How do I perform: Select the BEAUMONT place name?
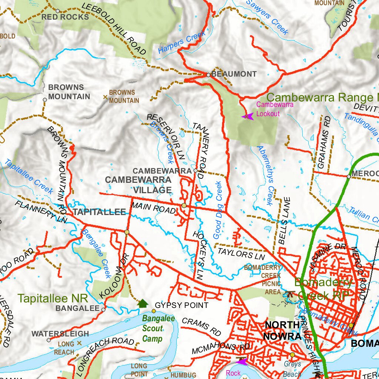[234, 74]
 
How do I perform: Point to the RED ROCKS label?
[65, 17]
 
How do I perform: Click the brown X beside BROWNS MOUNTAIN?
[105, 97]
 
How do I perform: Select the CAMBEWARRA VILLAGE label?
[138, 185]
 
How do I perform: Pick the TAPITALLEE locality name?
[99, 212]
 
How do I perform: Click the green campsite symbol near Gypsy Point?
[143, 303]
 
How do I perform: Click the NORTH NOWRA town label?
[282, 331]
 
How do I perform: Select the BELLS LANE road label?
[285, 221]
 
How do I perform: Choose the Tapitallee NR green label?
[53, 298]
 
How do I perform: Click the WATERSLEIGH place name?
[60, 334]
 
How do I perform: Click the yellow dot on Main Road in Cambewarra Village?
[184, 205]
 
